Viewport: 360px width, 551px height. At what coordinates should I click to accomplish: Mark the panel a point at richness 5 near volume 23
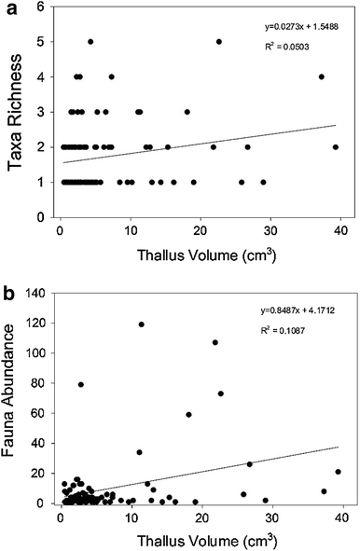(219, 41)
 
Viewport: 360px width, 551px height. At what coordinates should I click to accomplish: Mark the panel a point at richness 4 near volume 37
(322, 76)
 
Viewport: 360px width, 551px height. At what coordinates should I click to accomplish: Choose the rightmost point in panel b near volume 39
(338, 472)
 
